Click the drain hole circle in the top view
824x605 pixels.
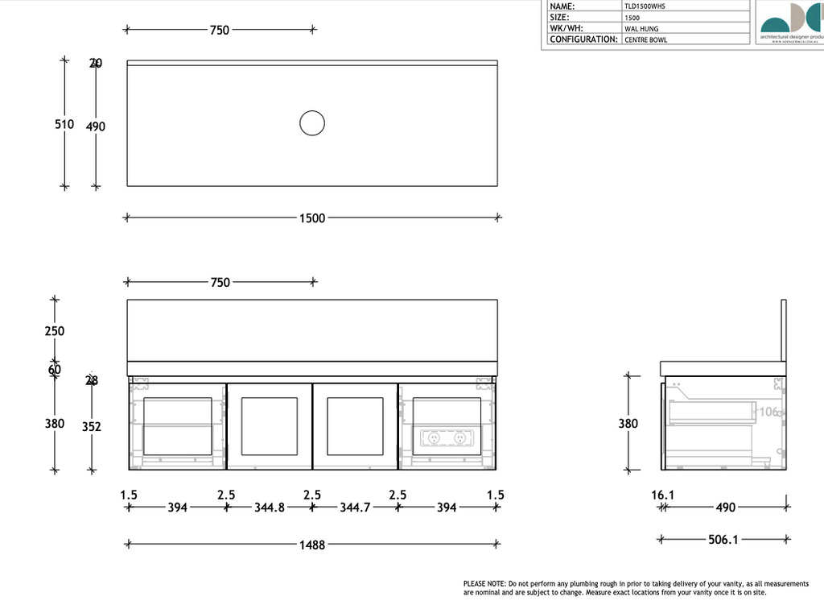pyautogui.click(x=311, y=123)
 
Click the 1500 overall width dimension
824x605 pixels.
pyautogui.click(x=312, y=218)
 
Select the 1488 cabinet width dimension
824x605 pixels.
pyautogui.click(x=312, y=545)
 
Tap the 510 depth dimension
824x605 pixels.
pyautogui.click(x=64, y=125)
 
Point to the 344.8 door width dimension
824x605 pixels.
pyautogui.click(x=270, y=508)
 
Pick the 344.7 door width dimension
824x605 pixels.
pyautogui.click(x=355, y=508)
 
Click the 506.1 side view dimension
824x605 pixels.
pyautogui.click(x=723, y=540)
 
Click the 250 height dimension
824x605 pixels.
pyautogui.click(x=55, y=331)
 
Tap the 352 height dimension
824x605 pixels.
pyautogui.click(x=92, y=427)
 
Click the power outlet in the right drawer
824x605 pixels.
pyautogui.click(x=447, y=438)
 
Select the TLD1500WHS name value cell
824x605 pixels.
pyautogui.click(x=645, y=6)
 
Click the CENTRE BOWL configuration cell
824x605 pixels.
pyautogui.click(x=646, y=39)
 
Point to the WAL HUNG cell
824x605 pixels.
pyautogui.click(x=641, y=28)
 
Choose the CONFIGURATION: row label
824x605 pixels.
pyautogui.click(x=583, y=39)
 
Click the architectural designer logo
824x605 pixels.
pyautogui.click(x=791, y=22)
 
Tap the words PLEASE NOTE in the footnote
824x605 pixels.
pyautogui.click(x=484, y=582)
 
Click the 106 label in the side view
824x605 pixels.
pyautogui.click(x=770, y=412)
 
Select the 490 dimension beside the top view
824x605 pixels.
pyautogui.click(x=96, y=126)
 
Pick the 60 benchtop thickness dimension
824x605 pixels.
pyautogui.click(x=55, y=370)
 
